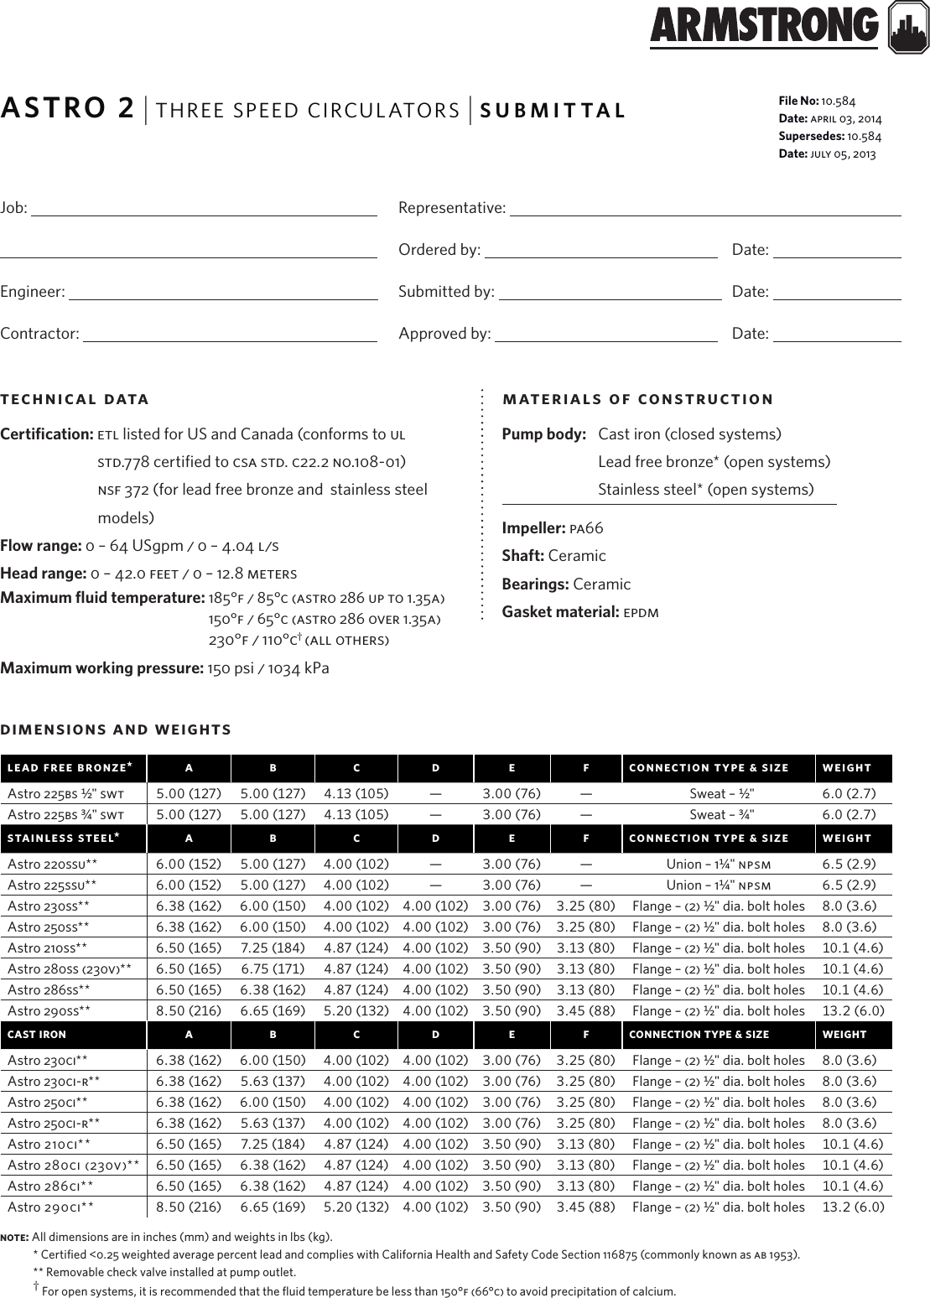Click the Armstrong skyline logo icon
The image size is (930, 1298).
pyautogui.click(x=907, y=26)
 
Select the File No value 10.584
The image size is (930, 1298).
pyautogui.click(x=838, y=101)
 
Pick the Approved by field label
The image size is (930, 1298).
pyautogui.click(x=444, y=334)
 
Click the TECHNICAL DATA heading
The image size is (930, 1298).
pyautogui.click(x=75, y=399)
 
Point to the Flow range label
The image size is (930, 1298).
pyautogui.click(x=41, y=547)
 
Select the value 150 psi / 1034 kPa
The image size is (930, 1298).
pyautogui.click(x=268, y=668)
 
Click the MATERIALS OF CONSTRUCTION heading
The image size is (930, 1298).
pyautogui.click(x=637, y=399)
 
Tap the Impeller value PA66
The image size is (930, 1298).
pyautogui.click(x=586, y=528)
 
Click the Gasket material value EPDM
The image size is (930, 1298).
pyautogui.click(x=641, y=612)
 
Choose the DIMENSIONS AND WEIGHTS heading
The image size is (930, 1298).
pyautogui.click(x=116, y=729)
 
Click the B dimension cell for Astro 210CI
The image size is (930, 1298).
pyautogui.click(x=273, y=1144)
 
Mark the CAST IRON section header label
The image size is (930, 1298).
pyautogui.click(x=37, y=1035)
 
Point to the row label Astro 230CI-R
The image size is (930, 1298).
pyautogui.click(x=54, y=1081)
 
